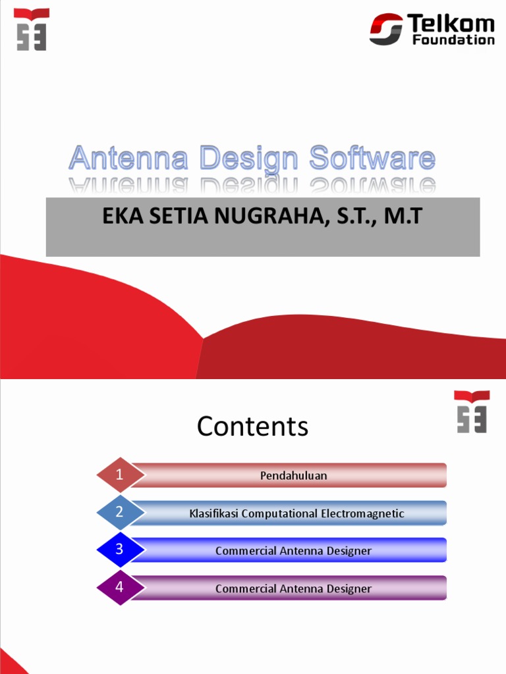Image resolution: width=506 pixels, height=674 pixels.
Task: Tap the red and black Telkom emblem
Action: (x=386, y=30)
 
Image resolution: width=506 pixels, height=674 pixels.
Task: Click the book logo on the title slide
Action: (x=32, y=29)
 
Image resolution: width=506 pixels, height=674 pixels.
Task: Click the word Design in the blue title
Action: (x=250, y=160)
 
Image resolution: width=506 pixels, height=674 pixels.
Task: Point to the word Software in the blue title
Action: (x=372, y=159)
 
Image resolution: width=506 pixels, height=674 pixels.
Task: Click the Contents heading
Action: (x=252, y=427)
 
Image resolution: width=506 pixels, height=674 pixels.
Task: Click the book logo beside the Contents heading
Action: (x=472, y=411)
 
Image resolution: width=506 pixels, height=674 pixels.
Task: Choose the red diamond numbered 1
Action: (x=120, y=475)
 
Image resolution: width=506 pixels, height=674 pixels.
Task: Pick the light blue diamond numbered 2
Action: (x=120, y=512)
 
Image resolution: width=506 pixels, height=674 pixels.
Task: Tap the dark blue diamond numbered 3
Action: (x=120, y=550)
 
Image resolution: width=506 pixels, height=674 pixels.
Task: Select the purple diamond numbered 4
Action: (x=120, y=587)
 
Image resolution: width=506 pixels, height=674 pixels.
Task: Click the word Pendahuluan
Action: (x=293, y=475)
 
